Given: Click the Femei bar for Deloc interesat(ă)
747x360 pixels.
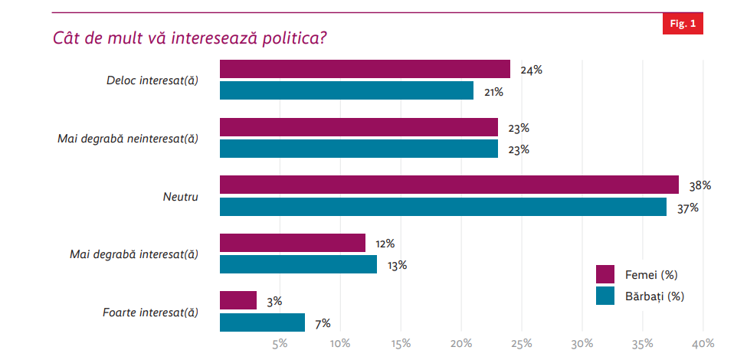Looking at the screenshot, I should point(365,69).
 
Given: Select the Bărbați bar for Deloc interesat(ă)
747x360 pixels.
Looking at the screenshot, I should point(346,90).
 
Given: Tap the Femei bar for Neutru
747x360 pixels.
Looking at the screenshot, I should point(449,185).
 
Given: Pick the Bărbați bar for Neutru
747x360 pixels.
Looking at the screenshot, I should point(443,207).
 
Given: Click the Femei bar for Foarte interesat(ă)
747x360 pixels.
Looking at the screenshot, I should point(238,300).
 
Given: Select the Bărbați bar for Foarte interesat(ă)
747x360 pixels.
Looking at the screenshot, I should point(262,322).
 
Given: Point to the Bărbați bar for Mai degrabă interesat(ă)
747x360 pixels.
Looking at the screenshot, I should point(298,264).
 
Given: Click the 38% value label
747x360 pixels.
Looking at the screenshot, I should point(700,185).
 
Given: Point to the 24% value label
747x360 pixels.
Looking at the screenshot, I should point(531,70).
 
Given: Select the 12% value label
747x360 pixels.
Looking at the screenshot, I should point(385,244).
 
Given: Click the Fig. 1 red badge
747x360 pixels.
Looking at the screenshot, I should point(682,24).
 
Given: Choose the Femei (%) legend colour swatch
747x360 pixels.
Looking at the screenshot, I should point(605,274).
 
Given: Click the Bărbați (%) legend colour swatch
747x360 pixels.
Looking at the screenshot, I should point(605,296).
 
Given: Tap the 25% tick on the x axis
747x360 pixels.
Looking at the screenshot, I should point(522,342).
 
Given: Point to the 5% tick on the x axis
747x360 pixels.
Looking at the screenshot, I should point(280,342).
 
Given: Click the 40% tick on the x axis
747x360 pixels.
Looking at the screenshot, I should point(703,342).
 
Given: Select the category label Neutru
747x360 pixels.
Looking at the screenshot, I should point(181,196).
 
